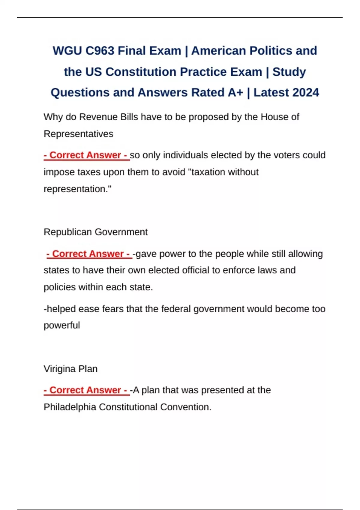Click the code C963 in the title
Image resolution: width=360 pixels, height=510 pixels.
coord(100,51)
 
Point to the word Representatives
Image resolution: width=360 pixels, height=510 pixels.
coord(78,134)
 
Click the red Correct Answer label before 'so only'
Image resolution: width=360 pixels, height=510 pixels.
coord(86,155)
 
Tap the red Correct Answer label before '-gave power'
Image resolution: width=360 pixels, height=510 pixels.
coord(89,254)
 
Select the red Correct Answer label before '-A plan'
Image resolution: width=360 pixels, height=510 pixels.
coord(86,390)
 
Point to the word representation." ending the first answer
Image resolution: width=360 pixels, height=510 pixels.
coord(77,189)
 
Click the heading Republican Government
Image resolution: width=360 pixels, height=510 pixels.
coord(95,232)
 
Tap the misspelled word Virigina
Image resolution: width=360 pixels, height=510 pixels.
coord(60,369)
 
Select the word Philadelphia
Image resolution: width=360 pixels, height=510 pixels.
coord(70,407)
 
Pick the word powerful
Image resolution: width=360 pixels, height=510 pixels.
coord(62,325)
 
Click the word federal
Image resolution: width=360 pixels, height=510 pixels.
coord(176,309)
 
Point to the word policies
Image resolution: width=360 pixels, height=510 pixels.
coord(60,287)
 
